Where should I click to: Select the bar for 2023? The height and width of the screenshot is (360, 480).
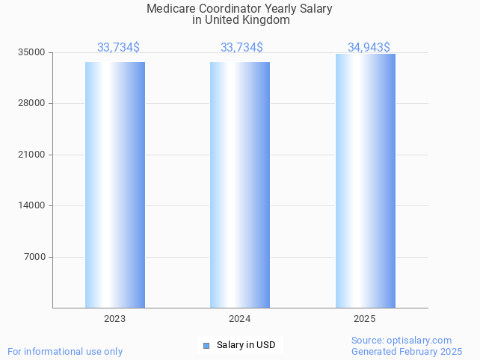(115, 184)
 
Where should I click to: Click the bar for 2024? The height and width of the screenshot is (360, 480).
(240, 184)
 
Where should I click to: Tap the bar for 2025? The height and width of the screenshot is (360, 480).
(365, 181)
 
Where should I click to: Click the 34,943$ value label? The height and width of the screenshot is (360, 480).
(369, 47)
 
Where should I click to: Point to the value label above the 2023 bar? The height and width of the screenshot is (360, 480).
(118, 47)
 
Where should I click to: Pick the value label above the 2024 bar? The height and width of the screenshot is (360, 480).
(241, 47)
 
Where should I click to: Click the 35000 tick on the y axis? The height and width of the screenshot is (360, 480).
(32, 52)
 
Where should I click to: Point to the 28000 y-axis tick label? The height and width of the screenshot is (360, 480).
(32, 103)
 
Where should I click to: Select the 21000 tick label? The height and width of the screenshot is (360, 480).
(32, 155)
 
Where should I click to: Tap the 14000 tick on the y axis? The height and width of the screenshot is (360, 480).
(32, 205)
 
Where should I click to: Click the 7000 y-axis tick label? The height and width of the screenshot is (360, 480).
(34, 257)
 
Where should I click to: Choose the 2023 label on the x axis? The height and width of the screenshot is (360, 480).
(115, 319)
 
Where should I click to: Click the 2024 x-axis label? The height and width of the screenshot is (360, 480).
(240, 319)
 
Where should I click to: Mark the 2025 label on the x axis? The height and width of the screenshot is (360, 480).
(365, 319)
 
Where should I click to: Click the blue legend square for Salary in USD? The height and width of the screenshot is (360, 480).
(206, 345)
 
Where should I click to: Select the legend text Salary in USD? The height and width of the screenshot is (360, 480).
(246, 345)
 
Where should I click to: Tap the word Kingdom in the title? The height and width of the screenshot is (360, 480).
(267, 20)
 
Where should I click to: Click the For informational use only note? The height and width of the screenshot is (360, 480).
(65, 351)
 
